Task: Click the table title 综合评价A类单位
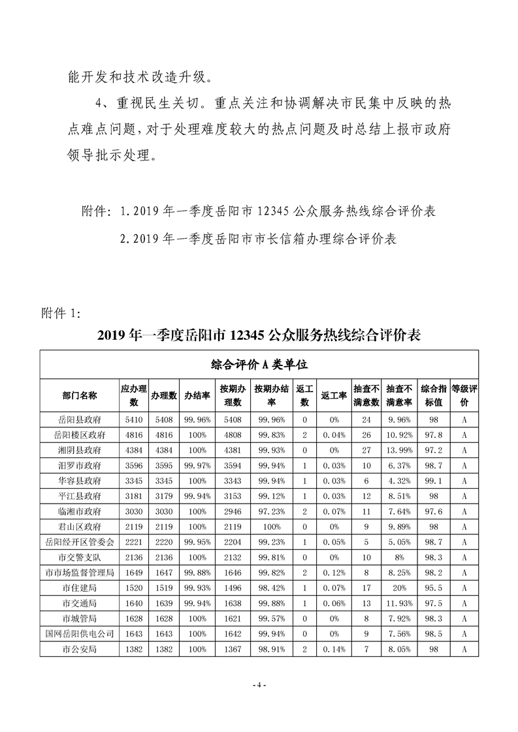(259, 363)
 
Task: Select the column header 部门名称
(79, 395)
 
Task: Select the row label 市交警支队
(79, 556)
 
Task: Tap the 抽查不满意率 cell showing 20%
(398, 587)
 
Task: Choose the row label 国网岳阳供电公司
(79, 632)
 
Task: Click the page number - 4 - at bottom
(259, 686)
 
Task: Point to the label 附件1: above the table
(61, 313)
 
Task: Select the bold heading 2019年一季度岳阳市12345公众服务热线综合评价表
(259, 336)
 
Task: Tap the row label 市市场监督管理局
(79, 572)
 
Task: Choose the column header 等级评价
(464, 395)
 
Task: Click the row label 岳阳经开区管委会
(79, 541)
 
